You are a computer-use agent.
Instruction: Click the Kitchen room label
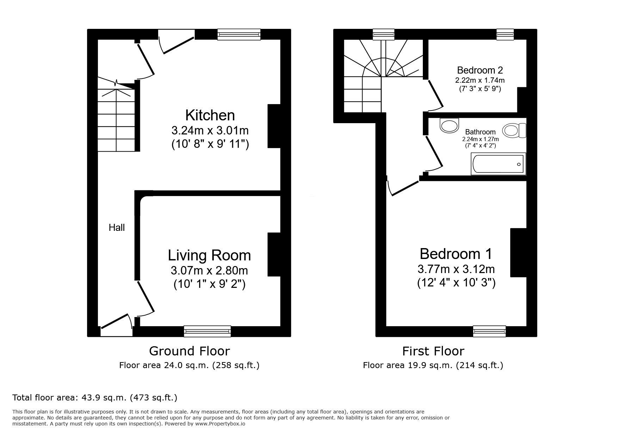tap(210, 115)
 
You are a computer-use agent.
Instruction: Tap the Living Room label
tap(209, 255)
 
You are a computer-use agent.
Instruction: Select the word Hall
tap(117, 228)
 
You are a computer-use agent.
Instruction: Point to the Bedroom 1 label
tap(456, 254)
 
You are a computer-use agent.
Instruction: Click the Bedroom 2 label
tap(480, 70)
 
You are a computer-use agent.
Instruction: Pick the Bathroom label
tap(480, 132)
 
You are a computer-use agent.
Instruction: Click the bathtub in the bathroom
tap(498, 164)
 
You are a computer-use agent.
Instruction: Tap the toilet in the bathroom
tap(514, 131)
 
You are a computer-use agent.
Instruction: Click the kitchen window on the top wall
tap(239, 34)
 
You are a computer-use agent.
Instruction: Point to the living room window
tap(208, 331)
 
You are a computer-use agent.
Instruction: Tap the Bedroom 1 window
tap(489, 331)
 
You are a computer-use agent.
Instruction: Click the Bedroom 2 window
tap(505, 34)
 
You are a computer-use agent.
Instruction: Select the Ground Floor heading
tap(189, 351)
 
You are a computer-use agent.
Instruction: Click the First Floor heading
tap(433, 351)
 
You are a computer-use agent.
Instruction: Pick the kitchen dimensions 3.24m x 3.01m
tap(210, 131)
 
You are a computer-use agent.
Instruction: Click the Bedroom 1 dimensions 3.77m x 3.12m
tap(456, 269)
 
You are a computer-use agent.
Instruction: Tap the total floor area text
tap(95, 398)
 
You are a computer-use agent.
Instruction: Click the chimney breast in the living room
tap(274, 254)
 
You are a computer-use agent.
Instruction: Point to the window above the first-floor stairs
tap(384, 34)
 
